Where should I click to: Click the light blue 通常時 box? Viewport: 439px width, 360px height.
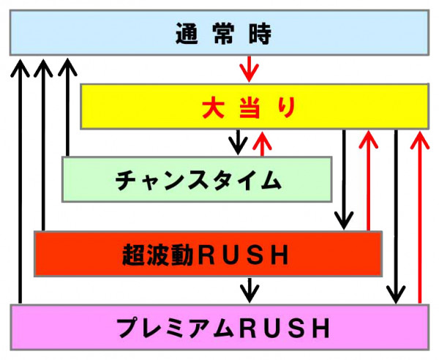(x=219, y=33)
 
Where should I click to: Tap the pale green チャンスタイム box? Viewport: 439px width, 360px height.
(x=197, y=179)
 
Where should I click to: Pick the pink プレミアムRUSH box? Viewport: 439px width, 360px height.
(x=219, y=326)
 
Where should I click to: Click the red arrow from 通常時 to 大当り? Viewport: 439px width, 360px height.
(x=249, y=69)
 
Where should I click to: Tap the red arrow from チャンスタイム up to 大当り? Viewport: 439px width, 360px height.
(x=259, y=143)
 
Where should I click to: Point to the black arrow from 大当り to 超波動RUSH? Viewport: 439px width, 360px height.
(x=344, y=179)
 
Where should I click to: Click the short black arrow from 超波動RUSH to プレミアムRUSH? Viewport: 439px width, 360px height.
(x=250, y=290)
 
